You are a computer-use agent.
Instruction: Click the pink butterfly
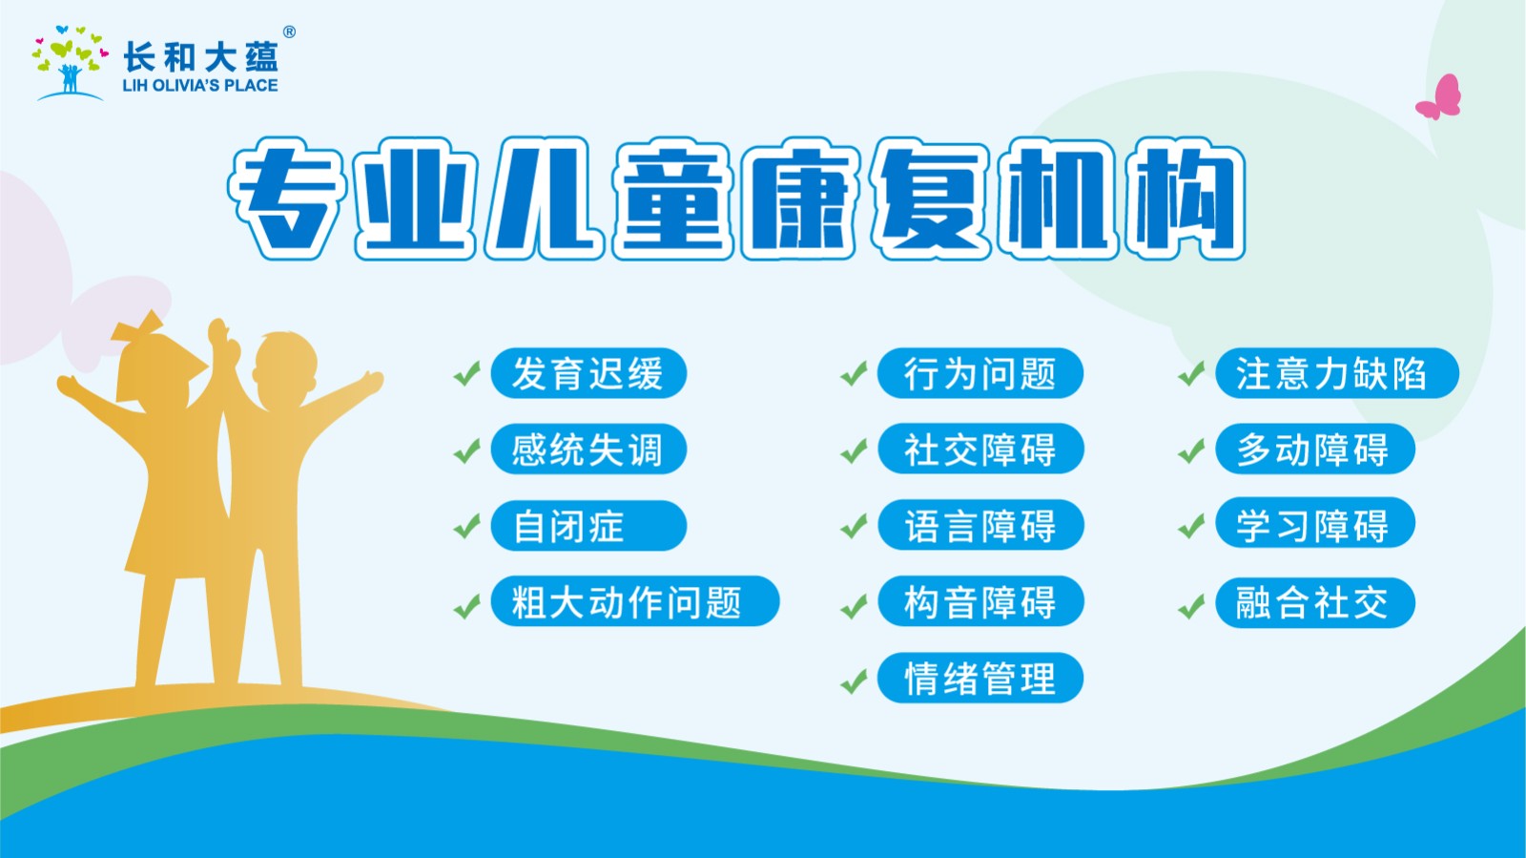click(x=1440, y=97)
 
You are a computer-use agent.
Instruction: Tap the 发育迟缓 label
click(x=588, y=373)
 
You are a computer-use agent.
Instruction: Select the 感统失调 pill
click(x=588, y=450)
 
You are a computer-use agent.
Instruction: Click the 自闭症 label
click(x=588, y=526)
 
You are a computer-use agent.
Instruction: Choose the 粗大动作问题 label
click(x=634, y=602)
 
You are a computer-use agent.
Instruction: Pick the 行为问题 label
click(x=980, y=373)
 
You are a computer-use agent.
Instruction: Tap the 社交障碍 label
click(x=980, y=450)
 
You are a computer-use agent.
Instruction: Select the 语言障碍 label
click(x=980, y=526)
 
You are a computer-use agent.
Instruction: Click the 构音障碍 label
click(x=980, y=602)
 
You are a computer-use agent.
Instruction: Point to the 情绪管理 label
click(x=980, y=679)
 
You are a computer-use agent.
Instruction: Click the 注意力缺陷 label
click(x=1336, y=373)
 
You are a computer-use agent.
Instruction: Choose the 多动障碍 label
click(x=1314, y=450)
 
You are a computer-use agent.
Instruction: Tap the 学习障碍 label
click(x=1314, y=524)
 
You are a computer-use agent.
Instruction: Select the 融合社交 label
click(x=1314, y=602)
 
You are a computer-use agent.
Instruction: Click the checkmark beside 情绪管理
click(x=853, y=681)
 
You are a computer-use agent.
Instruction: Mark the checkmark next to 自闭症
click(x=466, y=526)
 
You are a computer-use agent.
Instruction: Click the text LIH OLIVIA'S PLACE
click(x=200, y=86)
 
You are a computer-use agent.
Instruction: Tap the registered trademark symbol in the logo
click(x=289, y=32)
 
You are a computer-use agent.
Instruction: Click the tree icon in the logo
click(x=70, y=63)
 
